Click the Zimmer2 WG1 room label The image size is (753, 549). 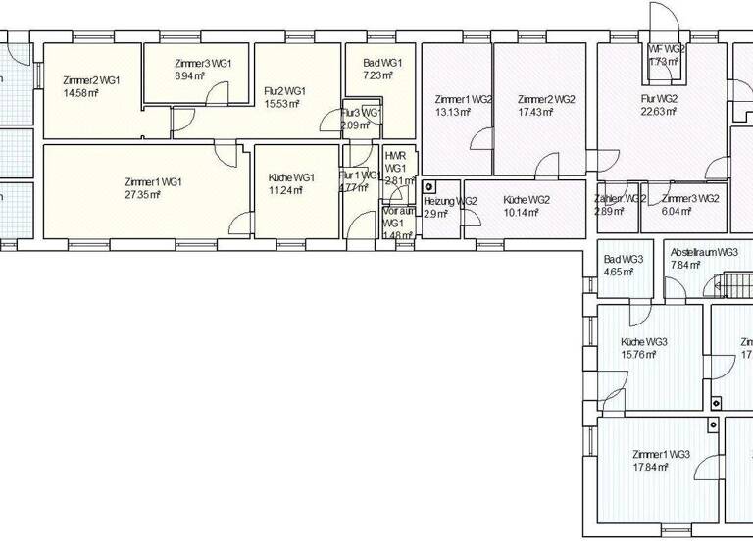pyautogui.click(x=90, y=79)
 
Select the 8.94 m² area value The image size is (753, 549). pyautogui.click(x=189, y=75)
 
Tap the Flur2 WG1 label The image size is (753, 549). pyautogui.click(x=285, y=91)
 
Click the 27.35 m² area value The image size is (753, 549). pyautogui.click(x=142, y=194)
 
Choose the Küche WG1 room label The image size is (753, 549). pyautogui.click(x=290, y=177)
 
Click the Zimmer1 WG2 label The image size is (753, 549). pyautogui.click(x=464, y=99)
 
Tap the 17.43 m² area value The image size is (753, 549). pyautogui.click(x=535, y=112)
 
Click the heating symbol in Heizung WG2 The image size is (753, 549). pyautogui.click(x=428, y=186)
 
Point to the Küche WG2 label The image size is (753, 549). pyautogui.click(x=526, y=199)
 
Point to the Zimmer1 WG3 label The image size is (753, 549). pyautogui.click(x=662, y=455)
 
